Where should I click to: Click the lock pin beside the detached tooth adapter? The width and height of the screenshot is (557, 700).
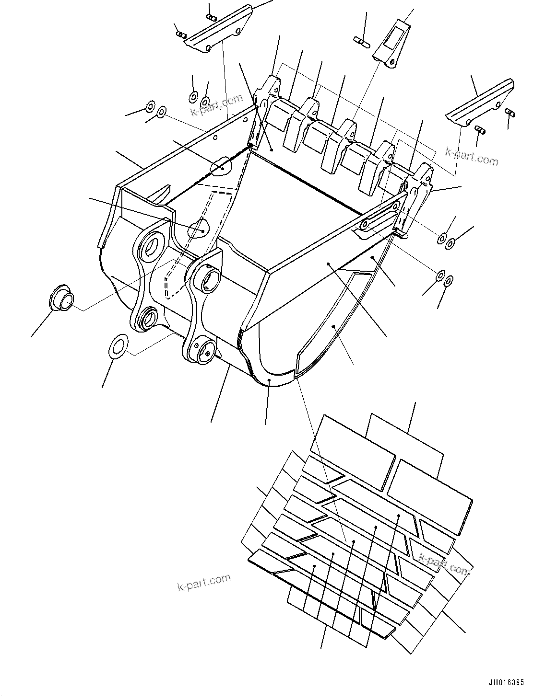[x=363, y=41]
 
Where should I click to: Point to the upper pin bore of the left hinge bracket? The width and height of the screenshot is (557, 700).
[x=152, y=245]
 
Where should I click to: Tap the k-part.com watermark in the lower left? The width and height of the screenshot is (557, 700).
[x=204, y=582]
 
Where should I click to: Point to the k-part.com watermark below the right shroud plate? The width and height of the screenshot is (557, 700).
[x=472, y=156]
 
